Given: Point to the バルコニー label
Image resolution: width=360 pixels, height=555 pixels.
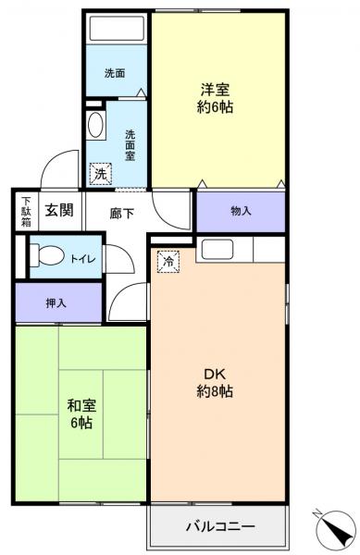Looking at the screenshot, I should point(220,527).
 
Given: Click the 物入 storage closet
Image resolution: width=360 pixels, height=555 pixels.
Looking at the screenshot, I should point(241,211).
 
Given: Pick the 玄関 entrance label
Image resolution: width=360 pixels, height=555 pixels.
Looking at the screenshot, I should point(60,211).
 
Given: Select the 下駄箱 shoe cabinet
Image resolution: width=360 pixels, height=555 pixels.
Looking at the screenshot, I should point(26,212).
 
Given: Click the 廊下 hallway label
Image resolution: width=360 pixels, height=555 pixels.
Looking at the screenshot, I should point(121,214).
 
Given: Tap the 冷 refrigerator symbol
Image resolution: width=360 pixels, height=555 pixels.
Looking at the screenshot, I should point(168,262).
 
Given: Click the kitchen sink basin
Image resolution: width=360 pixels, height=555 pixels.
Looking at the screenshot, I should point(217,248).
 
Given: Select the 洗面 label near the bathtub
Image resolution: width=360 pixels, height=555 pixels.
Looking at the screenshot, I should point(115,73).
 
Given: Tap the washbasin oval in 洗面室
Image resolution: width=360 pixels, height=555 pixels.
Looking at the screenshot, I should point(95,127).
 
